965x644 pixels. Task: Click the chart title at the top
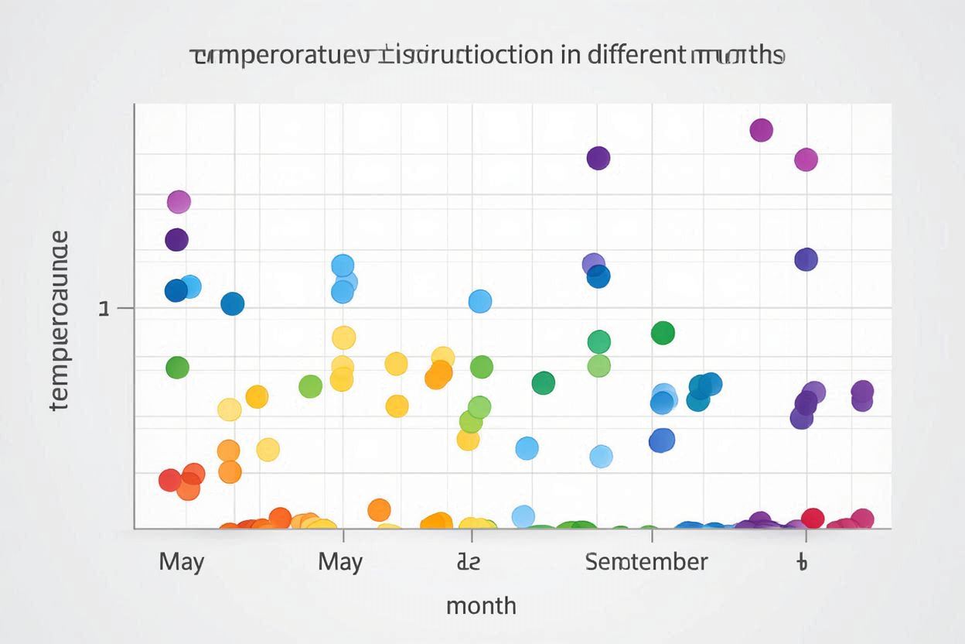[487, 56]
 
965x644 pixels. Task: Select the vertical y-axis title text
[59, 320]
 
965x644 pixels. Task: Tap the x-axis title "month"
[481, 605]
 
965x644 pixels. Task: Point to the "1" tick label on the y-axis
[104, 309]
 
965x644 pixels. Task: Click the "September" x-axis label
[646, 561]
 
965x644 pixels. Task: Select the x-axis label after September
[802, 562]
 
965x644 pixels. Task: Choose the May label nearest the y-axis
[182, 561]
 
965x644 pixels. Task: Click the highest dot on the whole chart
[762, 130]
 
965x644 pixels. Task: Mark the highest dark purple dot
[598, 159]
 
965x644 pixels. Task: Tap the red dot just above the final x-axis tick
[813, 518]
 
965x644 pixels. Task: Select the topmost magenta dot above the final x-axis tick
[806, 160]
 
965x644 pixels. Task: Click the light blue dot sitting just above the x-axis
[523, 516]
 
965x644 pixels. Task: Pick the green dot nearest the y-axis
[177, 368]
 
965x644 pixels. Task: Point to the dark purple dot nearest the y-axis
[176, 240]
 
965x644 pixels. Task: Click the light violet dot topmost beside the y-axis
[179, 202]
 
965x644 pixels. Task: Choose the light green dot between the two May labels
[310, 386]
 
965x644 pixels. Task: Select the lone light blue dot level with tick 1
[480, 301]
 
